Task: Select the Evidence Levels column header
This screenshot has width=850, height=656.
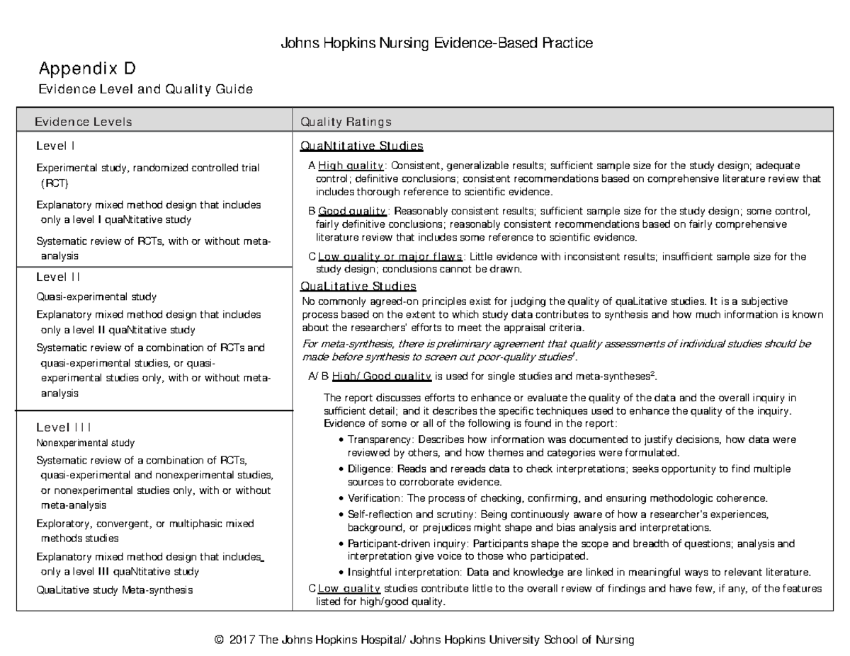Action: click(x=84, y=122)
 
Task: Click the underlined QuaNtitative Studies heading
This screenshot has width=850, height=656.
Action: click(x=362, y=146)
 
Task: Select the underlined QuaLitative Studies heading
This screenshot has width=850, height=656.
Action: click(x=358, y=287)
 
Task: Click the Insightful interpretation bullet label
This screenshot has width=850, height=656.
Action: click(x=402, y=572)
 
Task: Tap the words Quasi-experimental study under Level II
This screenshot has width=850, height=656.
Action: click(x=96, y=297)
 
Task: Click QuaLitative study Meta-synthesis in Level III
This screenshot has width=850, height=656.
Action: click(x=114, y=589)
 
